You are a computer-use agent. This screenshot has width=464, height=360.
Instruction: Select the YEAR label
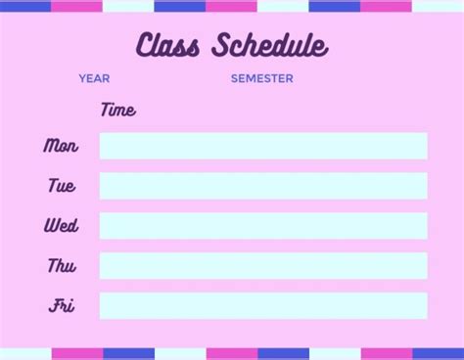[x=94, y=78]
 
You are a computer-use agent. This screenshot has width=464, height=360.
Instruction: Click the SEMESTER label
[x=261, y=78]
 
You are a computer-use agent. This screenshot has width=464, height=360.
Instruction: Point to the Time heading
[x=117, y=110]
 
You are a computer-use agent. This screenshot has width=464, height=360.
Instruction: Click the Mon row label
[x=61, y=146]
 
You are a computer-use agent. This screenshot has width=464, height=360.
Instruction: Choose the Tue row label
[x=61, y=186]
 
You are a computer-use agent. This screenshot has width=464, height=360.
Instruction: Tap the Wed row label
[x=61, y=226]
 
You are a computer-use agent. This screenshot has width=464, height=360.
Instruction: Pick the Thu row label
[x=61, y=266]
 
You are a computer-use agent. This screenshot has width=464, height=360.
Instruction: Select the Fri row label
[x=62, y=306]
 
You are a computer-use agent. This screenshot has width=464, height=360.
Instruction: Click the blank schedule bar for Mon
[x=263, y=146]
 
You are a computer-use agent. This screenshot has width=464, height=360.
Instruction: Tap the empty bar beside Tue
[x=263, y=186]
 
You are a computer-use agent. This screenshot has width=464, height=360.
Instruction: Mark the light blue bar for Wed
[x=263, y=226]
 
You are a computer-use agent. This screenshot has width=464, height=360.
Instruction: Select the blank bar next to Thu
[x=263, y=266]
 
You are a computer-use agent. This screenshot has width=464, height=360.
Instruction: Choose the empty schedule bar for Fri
[x=263, y=306]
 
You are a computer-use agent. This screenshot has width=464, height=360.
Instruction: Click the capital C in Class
[x=144, y=45]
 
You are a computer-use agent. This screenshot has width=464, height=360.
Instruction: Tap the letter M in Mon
[x=50, y=146]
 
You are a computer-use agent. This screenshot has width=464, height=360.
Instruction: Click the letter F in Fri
[x=55, y=306]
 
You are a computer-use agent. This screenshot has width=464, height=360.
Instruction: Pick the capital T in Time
[x=106, y=109]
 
